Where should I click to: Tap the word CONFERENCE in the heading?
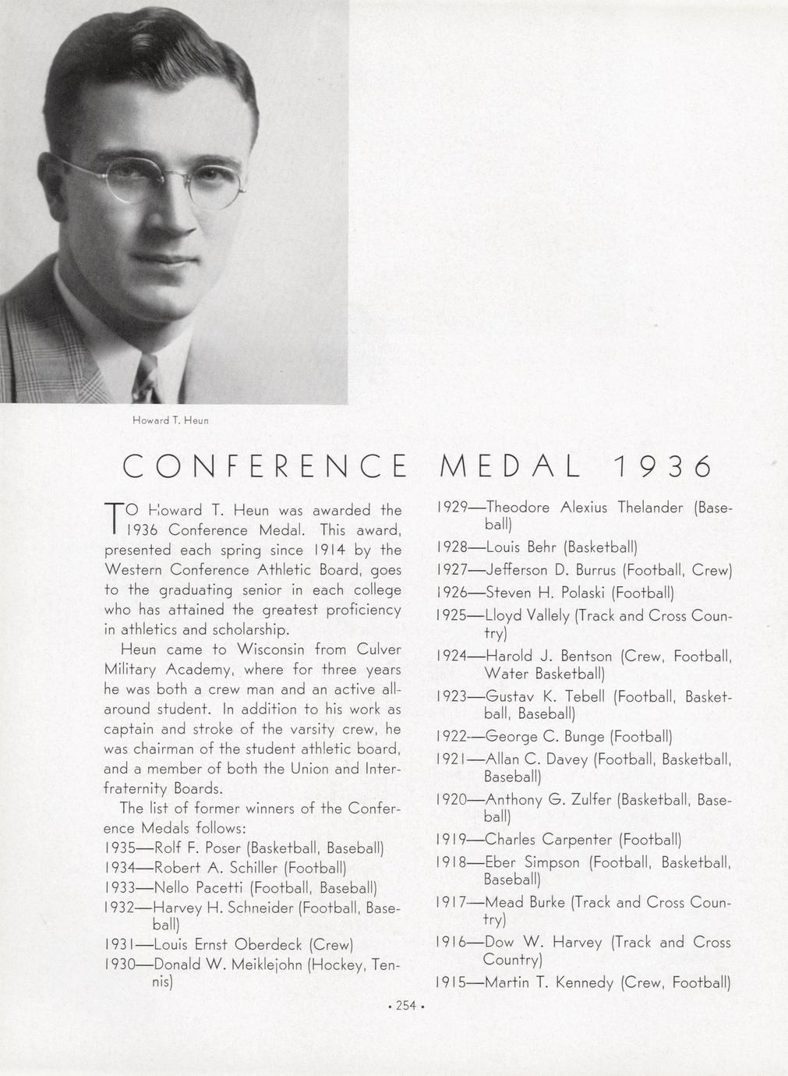(x=265, y=467)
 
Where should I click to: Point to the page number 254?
(x=405, y=1006)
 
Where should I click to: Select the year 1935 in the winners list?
(x=119, y=848)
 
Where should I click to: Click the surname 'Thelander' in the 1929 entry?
(x=651, y=508)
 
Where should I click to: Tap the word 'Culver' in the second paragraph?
(x=379, y=649)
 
